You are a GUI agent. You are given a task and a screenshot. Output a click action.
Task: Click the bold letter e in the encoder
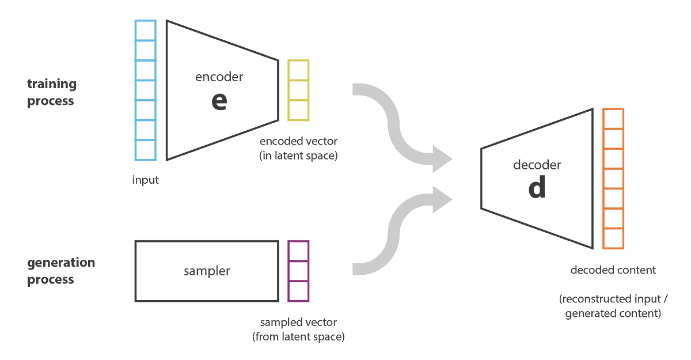(219, 101)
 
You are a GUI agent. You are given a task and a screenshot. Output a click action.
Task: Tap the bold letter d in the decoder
(536, 190)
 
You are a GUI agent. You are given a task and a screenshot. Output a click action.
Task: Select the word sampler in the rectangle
(207, 271)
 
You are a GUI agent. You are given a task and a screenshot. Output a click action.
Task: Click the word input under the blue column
(145, 180)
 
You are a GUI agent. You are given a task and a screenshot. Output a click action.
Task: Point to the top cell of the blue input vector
(146, 30)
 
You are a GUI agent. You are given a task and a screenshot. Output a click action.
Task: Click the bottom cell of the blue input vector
(146, 151)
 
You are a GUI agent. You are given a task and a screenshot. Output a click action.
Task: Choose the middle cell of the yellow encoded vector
(298, 90)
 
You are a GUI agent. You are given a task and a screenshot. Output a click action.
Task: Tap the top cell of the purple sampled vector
(298, 251)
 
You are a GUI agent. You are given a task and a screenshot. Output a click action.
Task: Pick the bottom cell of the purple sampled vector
(298, 291)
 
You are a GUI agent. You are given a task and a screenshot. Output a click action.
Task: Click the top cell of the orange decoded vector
(613, 119)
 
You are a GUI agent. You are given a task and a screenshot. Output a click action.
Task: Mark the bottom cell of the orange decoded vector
(613, 238)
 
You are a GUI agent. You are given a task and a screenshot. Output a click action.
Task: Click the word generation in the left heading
(61, 263)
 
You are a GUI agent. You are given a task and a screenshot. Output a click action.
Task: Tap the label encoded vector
(298, 141)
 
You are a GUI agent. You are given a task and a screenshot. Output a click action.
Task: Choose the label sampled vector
(298, 322)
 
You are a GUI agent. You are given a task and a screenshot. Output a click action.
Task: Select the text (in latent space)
(298, 156)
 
